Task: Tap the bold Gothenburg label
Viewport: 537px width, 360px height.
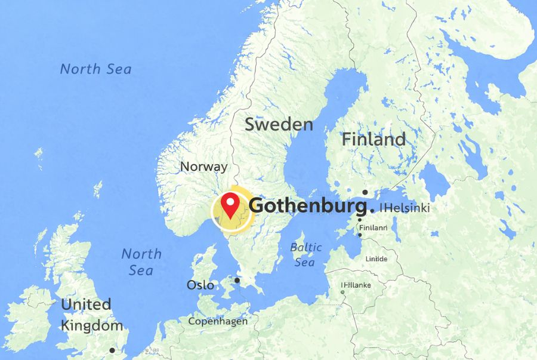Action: coord(307,206)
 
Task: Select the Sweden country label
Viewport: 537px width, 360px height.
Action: coord(279,124)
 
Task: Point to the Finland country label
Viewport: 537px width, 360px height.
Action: coord(374,140)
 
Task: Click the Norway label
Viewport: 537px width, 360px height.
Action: coord(203,167)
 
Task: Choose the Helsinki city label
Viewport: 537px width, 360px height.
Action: coord(406,208)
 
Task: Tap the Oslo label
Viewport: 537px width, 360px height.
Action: coord(200,285)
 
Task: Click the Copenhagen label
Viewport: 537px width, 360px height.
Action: coord(218,321)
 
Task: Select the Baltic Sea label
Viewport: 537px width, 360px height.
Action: coord(306,254)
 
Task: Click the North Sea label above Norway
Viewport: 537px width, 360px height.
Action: coord(95,69)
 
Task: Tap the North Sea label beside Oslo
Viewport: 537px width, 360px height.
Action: coord(141,261)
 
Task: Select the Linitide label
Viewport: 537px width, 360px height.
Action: coord(376,259)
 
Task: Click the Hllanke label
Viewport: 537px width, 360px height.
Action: coord(357,285)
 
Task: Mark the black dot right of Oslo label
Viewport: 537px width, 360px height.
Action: coord(237,280)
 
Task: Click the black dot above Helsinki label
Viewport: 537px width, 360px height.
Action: coord(365,192)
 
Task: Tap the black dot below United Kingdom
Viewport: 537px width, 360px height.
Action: coord(112,350)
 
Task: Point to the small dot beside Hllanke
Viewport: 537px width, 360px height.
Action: coord(342,285)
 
